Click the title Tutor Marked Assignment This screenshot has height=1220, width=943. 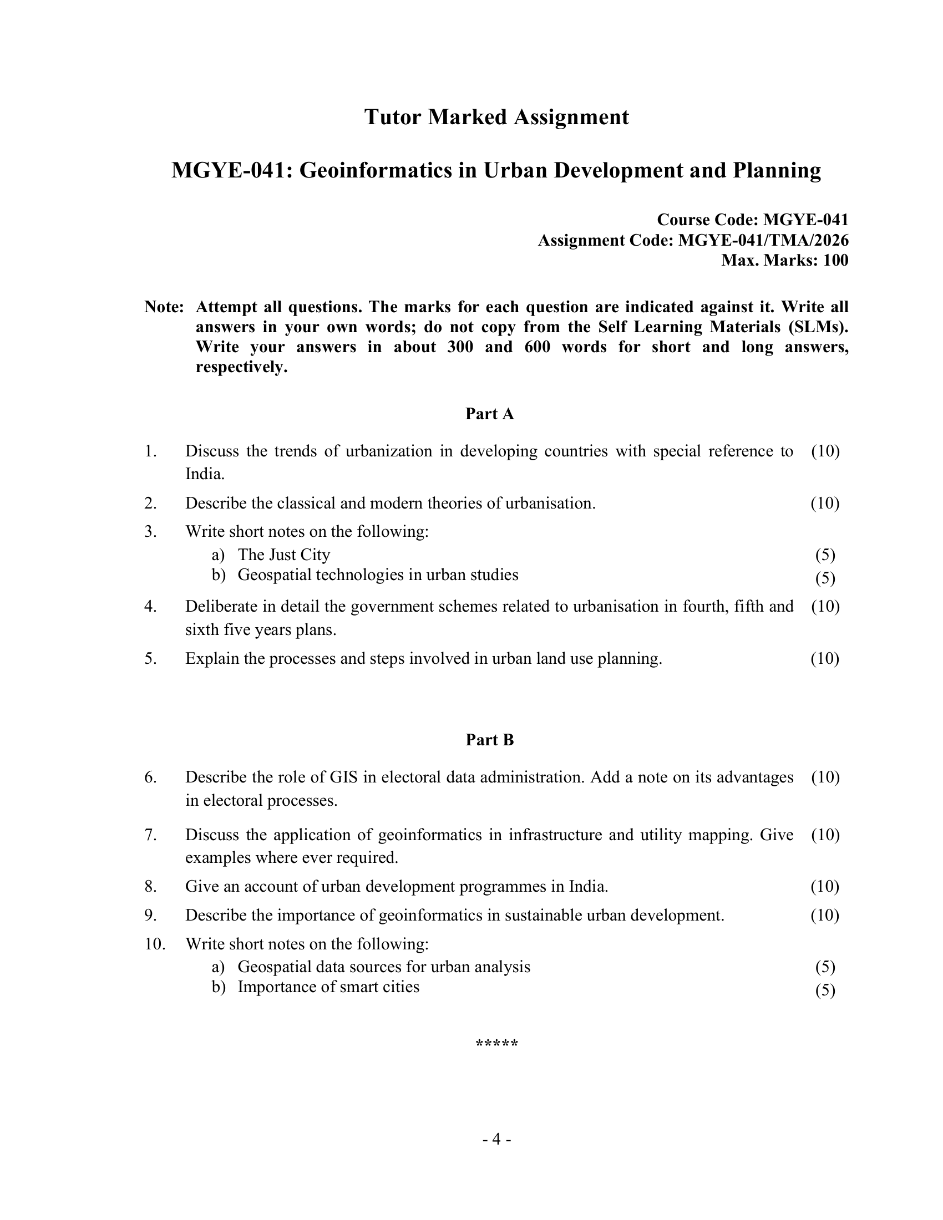(496, 118)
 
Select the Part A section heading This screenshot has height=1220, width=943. (489, 414)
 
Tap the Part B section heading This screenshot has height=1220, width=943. (489, 740)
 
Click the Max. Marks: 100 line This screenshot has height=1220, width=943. (784, 260)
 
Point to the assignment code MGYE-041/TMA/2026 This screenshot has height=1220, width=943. (763, 240)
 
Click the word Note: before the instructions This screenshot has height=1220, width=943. (164, 307)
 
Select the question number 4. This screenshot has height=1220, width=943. (150, 606)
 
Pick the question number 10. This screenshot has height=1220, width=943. (155, 944)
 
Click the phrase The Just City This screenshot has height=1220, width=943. (284, 555)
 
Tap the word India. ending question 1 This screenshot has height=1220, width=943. (205, 474)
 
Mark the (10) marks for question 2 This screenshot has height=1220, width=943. (824, 504)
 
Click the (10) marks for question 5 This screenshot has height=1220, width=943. (824, 659)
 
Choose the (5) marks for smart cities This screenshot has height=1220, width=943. (824, 990)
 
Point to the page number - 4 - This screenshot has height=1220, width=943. (496, 1139)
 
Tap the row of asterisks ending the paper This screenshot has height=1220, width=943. (496, 1044)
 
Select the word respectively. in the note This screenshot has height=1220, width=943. (241, 368)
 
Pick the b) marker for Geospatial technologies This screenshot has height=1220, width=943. (218, 575)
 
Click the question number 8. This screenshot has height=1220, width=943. (150, 887)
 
